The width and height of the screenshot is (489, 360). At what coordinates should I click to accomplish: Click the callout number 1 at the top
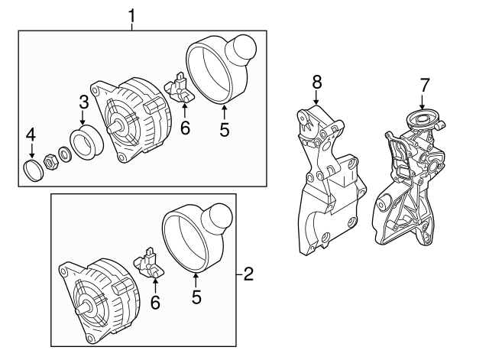coord(132,15)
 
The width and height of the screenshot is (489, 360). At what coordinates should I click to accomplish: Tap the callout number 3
coord(83,102)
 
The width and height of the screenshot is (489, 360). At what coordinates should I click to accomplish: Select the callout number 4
coord(31,135)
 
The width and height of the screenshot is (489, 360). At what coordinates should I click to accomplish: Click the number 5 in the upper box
coord(224,129)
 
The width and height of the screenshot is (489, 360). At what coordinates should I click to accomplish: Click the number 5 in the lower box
coord(196,298)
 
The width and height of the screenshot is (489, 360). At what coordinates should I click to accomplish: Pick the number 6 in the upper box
coord(184,128)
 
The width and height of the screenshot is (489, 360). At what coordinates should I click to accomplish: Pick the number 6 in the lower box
coord(155,303)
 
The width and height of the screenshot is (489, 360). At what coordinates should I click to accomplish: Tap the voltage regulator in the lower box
coord(151,264)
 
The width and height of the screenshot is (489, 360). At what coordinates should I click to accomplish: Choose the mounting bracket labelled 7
coord(409,183)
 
